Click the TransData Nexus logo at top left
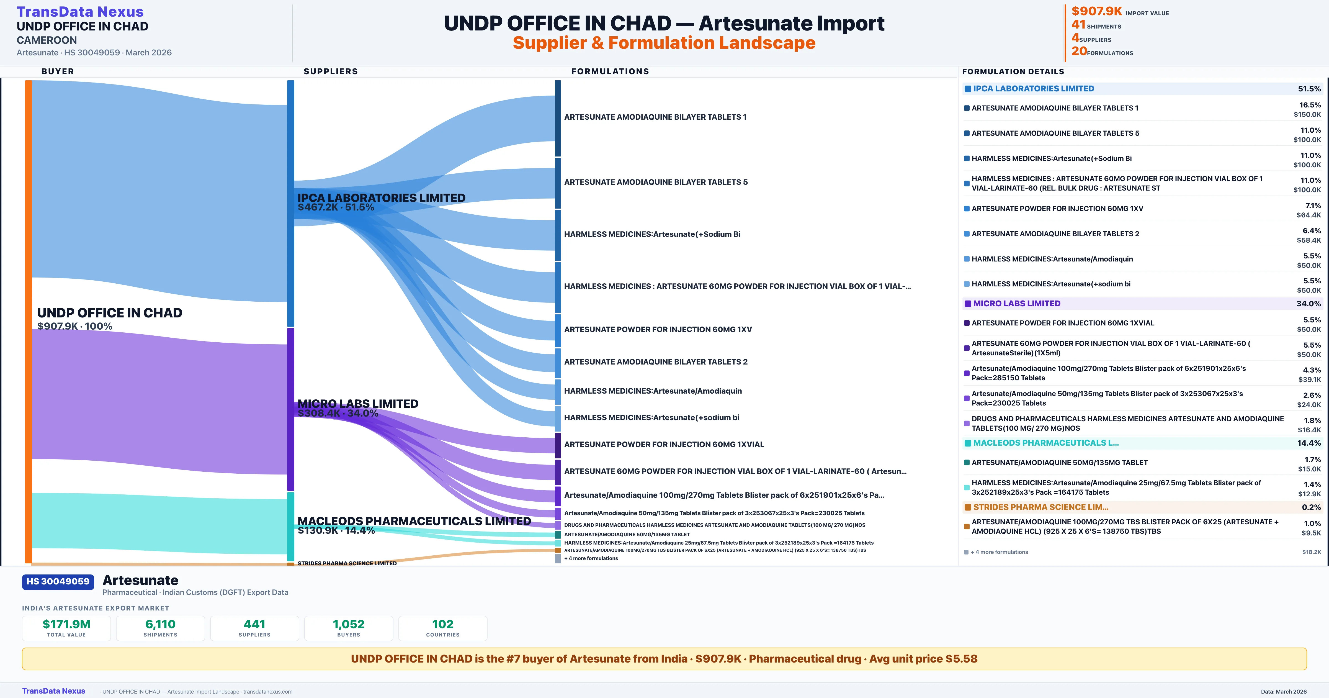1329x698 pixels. (x=80, y=11)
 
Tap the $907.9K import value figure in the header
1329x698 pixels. (x=1096, y=11)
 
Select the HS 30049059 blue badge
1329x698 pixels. (x=58, y=581)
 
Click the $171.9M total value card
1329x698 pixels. (x=66, y=628)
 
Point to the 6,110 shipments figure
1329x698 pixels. (x=161, y=624)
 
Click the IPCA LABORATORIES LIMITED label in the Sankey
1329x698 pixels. (x=381, y=198)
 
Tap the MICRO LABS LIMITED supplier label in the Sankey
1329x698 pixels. (x=357, y=404)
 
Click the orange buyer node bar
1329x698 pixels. (x=28, y=320)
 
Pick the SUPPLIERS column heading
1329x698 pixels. (x=331, y=71)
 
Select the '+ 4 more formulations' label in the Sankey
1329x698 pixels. (x=591, y=558)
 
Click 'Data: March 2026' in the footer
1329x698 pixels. (x=1284, y=691)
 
